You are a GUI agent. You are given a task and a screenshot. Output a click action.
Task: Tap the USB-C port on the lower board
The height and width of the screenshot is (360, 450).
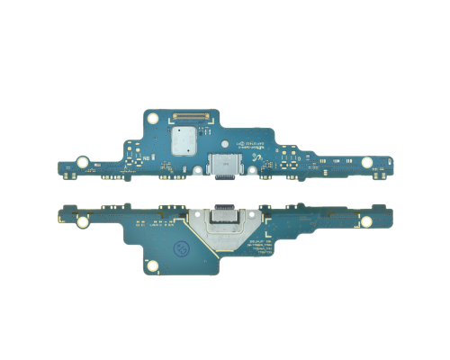(x=220, y=217)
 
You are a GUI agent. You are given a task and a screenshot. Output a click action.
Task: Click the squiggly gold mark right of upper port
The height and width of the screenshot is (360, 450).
(x=255, y=161)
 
